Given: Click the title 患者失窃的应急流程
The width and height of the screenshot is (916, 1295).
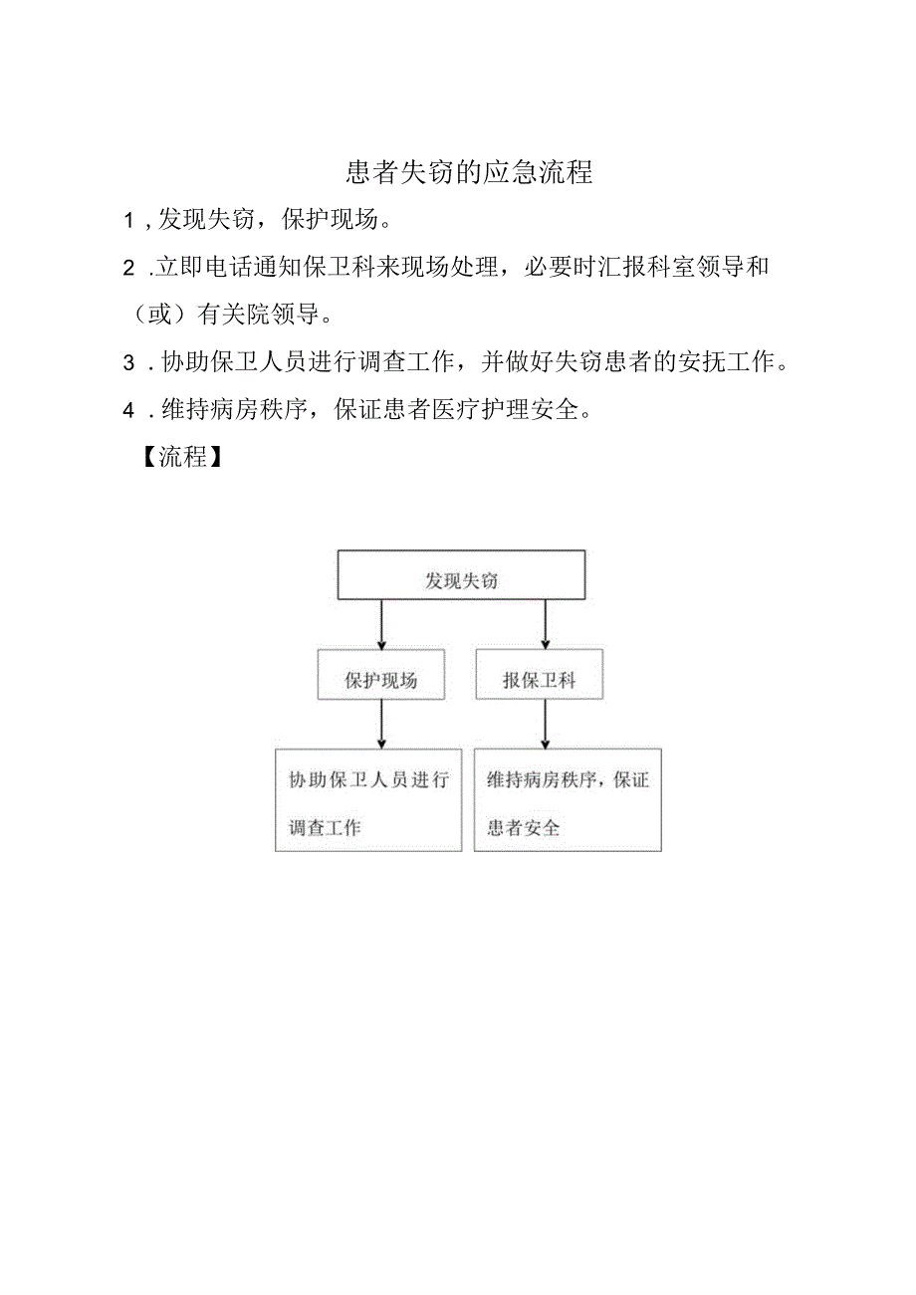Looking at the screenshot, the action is pyautogui.click(x=469, y=173).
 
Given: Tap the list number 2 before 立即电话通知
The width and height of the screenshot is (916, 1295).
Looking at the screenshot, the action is pyautogui.click(x=128, y=268).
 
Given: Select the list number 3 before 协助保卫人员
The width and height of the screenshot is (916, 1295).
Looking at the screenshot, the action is pyautogui.click(x=128, y=363).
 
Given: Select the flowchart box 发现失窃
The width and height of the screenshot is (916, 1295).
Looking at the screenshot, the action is pyautogui.click(x=461, y=575).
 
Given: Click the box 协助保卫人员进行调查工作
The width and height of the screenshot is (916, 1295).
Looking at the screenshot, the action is pyautogui.click(x=368, y=800).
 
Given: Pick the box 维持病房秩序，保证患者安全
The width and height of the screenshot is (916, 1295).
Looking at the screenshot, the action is pyautogui.click(x=568, y=800).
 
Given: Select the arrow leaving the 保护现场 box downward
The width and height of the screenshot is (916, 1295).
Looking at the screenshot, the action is pyautogui.click(x=381, y=725).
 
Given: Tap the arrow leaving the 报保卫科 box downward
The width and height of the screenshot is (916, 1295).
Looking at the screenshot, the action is pyautogui.click(x=545, y=725).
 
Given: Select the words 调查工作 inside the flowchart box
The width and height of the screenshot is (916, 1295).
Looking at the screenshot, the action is pyautogui.click(x=326, y=827).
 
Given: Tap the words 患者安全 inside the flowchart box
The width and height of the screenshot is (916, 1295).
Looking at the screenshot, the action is pyautogui.click(x=524, y=827).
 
